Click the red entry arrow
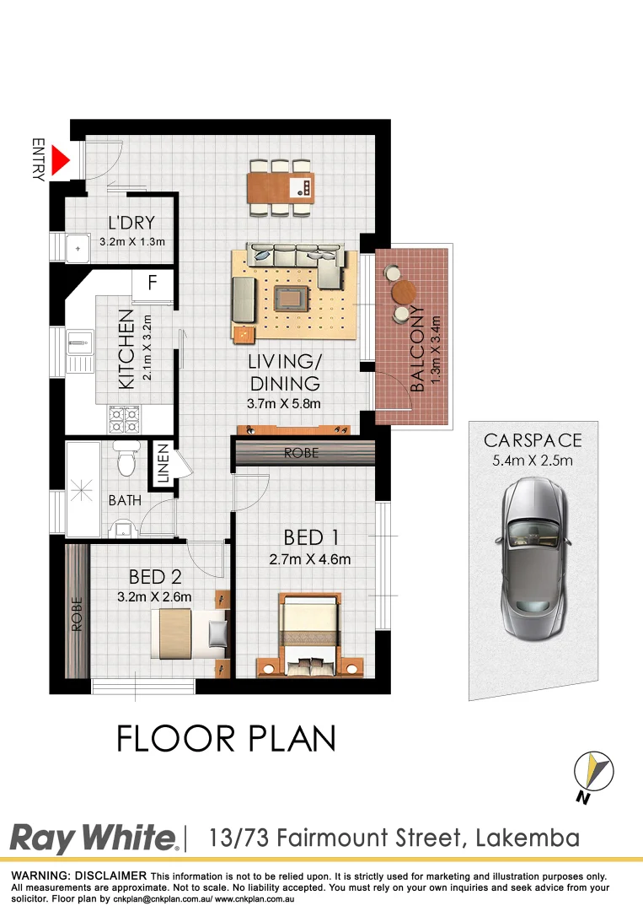coord(60,161)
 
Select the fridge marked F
coord(153,283)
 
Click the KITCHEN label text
coord(126,348)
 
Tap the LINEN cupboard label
coord(163,465)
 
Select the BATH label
coord(124,501)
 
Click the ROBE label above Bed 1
coord(301,453)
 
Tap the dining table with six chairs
coord(281,186)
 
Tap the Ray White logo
coord(94,838)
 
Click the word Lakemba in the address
coord(528,838)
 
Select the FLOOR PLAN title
coord(226,738)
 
